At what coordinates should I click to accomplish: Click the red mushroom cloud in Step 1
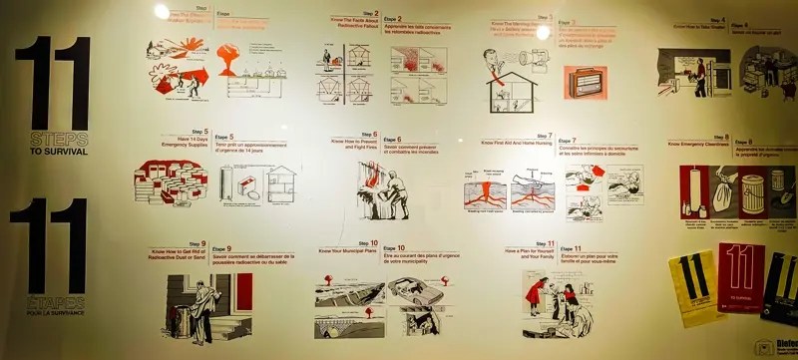click(227, 58)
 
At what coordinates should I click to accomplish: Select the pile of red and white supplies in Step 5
click(169, 185)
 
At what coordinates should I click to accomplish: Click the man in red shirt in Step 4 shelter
click(700, 75)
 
